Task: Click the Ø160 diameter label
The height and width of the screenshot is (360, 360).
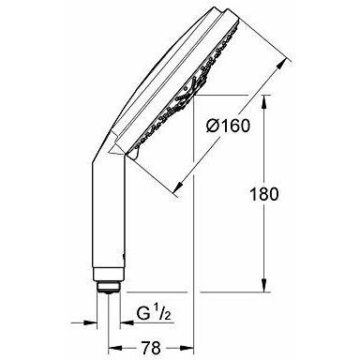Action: click(x=228, y=126)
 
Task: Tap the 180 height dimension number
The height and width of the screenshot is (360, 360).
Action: click(x=263, y=194)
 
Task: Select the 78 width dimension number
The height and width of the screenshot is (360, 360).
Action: click(x=151, y=348)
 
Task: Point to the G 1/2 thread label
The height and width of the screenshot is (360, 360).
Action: click(x=154, y=313)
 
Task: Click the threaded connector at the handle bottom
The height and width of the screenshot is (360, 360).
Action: click(x=108, y=287)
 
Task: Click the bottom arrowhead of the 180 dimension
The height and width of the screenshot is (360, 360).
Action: click(x=264, y=285)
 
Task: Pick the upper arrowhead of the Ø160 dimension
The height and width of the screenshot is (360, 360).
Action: click(x=280, y=65)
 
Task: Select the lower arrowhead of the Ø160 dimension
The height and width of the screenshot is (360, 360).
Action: click(x=178, y=186)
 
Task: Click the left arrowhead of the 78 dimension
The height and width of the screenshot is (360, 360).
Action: click(x=114, y=348)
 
